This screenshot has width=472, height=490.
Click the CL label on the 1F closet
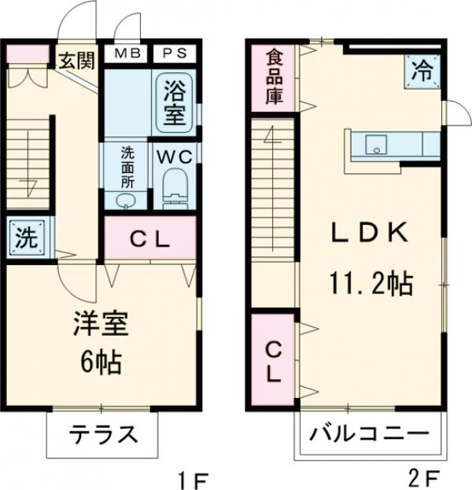coord(149,241)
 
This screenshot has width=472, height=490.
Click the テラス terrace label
coord(102,434)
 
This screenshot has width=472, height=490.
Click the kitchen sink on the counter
coord(376,144)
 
